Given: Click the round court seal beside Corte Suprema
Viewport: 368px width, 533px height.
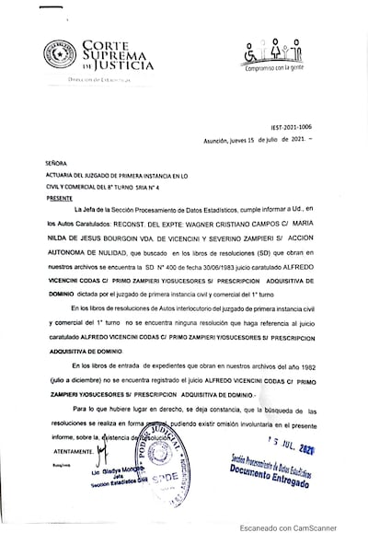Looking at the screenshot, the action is tap(58, 54).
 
